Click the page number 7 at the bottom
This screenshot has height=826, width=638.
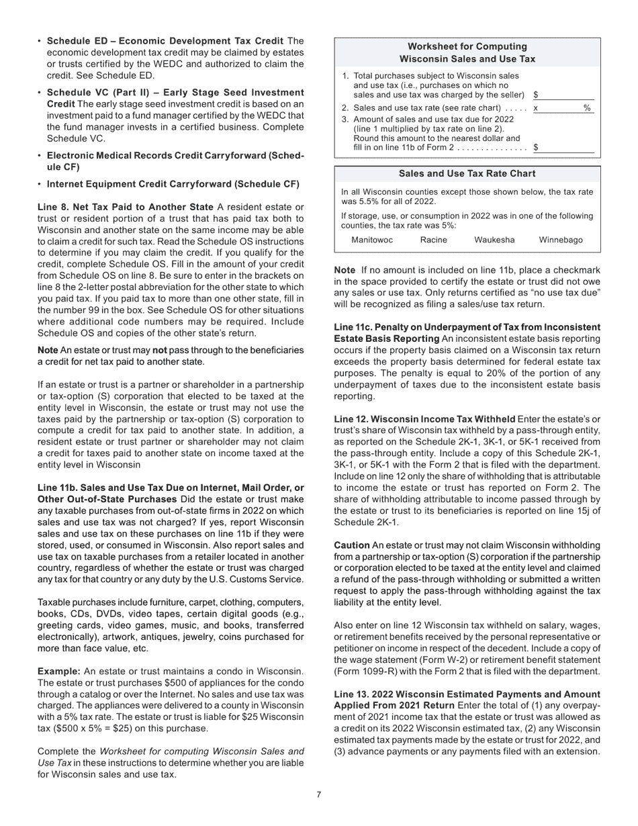click(318, 795)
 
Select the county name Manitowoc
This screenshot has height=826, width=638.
click(372, 240)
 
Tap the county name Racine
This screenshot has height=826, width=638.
click(433, 240)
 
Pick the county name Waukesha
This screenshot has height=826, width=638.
click(494, 240)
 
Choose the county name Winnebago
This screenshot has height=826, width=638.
click(561, 240)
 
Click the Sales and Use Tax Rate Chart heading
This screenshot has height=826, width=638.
click(467, 174)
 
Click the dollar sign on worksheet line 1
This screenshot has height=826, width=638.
click(535, 95)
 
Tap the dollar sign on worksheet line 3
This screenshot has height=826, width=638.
click(535, 147)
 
